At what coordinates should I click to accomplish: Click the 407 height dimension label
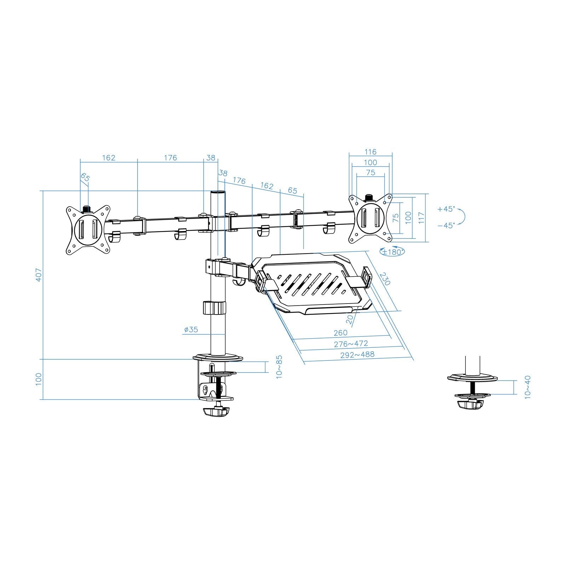[39, 275]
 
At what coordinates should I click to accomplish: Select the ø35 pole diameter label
[191, 330]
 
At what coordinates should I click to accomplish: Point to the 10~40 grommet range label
[527, 387]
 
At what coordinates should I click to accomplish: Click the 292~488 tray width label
[357, 354]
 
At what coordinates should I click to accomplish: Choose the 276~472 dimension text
[351, 343]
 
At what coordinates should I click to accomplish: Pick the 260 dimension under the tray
[340, 333]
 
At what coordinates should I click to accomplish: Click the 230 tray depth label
[385, 278]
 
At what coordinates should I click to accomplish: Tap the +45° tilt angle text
[445, 209]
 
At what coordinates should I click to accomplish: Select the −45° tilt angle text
[445, 225]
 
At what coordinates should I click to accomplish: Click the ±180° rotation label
[392, 252]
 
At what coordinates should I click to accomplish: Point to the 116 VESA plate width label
[370, 152]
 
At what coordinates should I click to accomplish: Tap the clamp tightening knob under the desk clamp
[216, 412]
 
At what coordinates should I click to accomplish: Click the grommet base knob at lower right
[470, 405]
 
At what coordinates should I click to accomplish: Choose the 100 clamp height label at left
[39, 379]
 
